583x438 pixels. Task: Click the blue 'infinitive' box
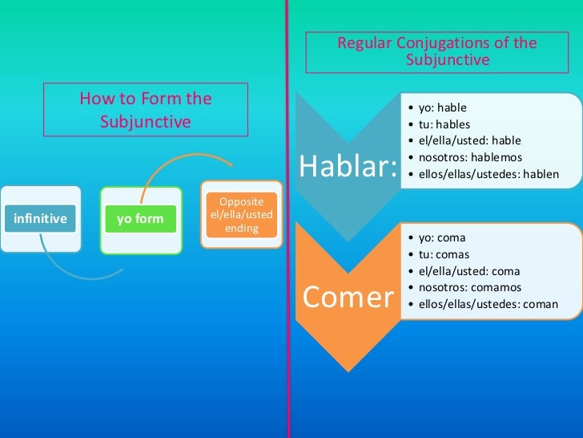pos(40,218)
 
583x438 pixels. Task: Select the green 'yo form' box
pos(141,218)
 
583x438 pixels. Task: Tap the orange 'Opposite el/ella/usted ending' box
pos(241,214)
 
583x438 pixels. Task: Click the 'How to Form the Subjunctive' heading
pos(145,110)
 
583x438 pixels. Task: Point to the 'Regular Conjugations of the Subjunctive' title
pos(436,51)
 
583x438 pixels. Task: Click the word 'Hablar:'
pos(348,167)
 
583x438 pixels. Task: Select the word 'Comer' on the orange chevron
pos(348,297)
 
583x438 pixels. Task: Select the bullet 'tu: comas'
pos(443,254)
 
